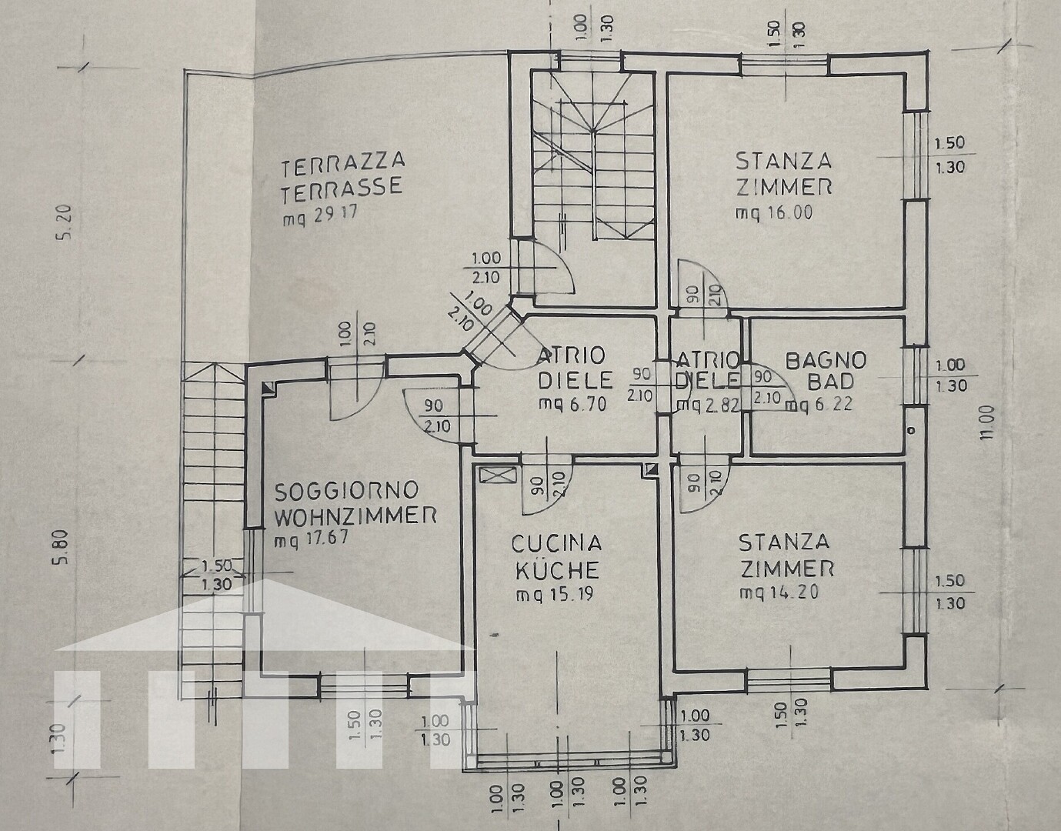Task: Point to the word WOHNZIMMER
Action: pos(355,516)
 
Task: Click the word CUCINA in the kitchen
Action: pos(556,543)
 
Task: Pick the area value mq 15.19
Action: pos(554,595)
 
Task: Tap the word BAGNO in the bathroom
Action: pos(826,360)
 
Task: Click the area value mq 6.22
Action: pos(819,404)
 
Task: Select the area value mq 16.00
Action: pos(774,213)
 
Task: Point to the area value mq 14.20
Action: pos(779,592)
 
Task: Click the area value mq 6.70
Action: pos(572,403)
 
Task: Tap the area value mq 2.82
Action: pos(707,405)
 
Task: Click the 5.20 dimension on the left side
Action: pos(66,220)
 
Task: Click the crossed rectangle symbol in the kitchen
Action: pos(498,475)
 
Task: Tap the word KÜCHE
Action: pos(557,569)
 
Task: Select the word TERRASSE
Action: pos(342,189)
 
